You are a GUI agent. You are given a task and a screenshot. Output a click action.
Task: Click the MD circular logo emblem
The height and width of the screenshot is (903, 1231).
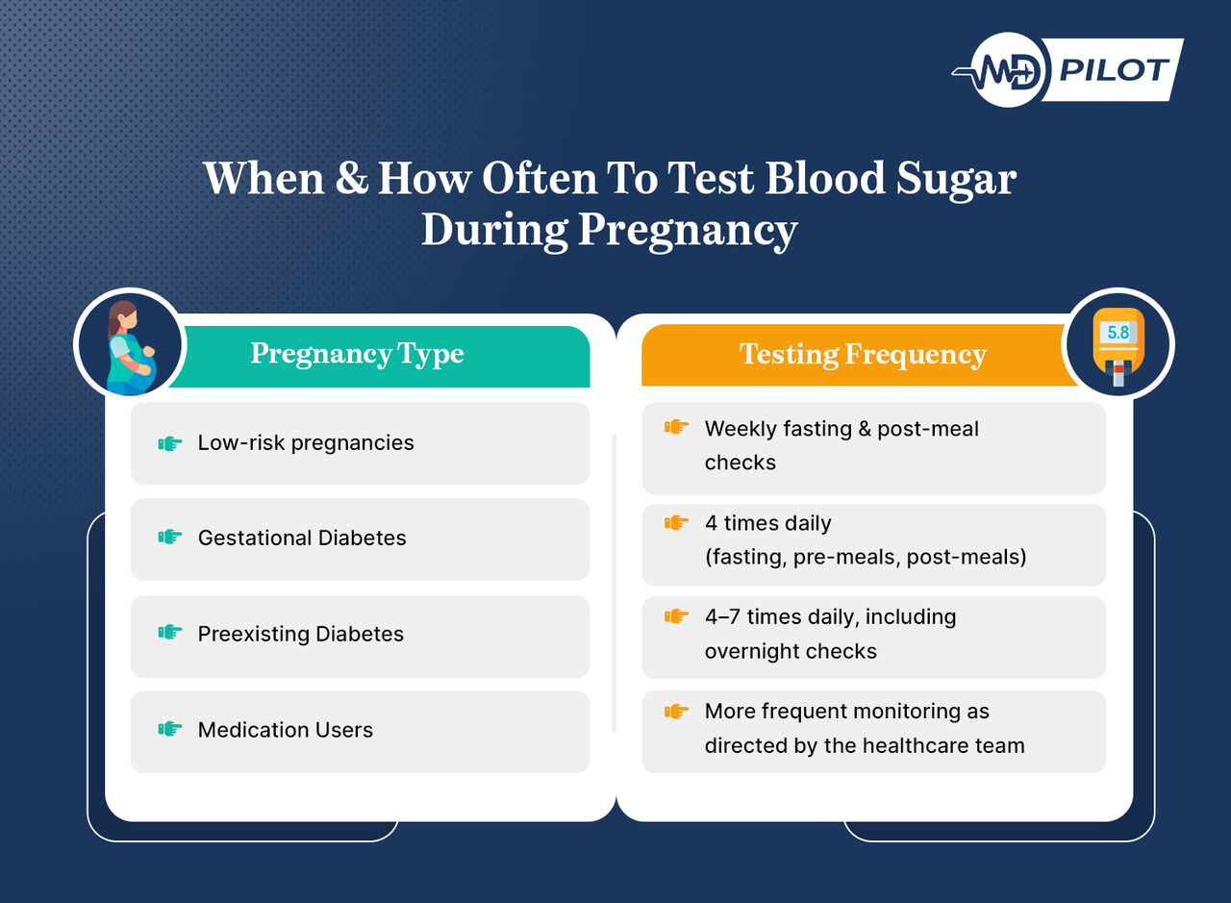(x=1008, y=70)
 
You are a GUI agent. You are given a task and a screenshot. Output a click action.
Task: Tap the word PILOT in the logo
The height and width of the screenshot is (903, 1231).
(x=1114, y=70)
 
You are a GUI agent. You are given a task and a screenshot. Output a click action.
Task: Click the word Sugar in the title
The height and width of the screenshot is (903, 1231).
(x=956, y=180)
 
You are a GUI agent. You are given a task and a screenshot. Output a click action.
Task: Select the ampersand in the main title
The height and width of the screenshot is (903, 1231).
(x=351, y=178)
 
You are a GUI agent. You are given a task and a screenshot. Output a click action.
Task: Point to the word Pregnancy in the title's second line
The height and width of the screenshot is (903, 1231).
(x=688, y=230)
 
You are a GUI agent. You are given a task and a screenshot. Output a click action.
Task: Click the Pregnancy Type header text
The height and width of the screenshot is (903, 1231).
(x=357, y=353)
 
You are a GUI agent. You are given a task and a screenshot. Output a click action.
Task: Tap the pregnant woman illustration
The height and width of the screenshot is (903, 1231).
(x=131, y=347)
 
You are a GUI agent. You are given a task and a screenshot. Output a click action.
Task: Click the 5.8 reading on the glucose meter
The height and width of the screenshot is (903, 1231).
(x=1118, y=332)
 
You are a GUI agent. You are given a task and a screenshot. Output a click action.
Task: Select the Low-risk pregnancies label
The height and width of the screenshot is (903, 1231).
(x=306, y=443)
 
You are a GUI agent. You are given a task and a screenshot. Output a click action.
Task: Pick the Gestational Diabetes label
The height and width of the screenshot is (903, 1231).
(x=302, y=538)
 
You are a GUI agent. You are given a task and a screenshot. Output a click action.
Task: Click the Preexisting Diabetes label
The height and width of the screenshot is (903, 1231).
(x=301, y=634)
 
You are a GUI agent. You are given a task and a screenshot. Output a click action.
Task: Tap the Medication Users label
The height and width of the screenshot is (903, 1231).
(x=286, y=730)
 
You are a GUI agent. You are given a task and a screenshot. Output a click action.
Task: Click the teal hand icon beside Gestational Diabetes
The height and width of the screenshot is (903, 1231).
(x=170, y=537)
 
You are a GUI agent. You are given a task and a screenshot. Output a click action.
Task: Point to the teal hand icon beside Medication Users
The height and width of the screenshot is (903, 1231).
(x=170, y=729)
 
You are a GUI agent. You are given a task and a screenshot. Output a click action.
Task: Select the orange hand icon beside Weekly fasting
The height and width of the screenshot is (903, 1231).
(x=676, y=426)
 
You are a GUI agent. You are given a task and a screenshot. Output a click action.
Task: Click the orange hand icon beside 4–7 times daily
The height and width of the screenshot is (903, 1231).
(x=676, y=616)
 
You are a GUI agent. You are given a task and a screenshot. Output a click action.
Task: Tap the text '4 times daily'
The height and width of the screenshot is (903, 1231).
(x=767, y=523)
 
